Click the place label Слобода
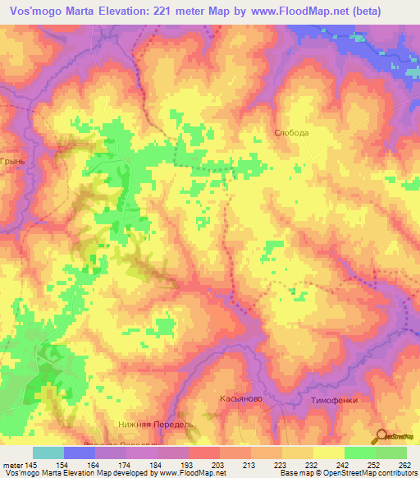(x=291, y=132)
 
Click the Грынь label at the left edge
(x=14, y=162)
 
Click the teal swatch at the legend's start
(x=48, y=453)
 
